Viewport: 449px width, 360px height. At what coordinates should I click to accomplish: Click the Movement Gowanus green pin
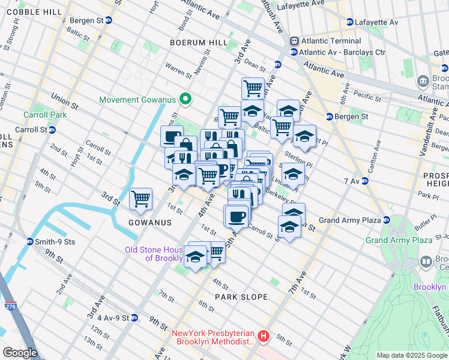point(186,99)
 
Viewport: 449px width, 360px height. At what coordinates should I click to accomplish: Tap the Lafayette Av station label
point(376,22)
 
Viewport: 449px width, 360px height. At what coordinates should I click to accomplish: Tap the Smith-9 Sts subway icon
point(30,242)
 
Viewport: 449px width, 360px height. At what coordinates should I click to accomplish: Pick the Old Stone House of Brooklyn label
point(154,254)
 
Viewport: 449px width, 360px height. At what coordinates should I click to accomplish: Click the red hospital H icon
point(262,337)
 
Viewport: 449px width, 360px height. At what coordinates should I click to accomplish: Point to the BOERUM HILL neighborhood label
point(199,43)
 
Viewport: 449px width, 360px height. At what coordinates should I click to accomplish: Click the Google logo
point(20,353)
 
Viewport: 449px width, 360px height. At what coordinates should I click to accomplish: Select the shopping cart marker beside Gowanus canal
point(140,198)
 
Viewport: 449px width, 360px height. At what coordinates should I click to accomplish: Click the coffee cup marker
point(235,215)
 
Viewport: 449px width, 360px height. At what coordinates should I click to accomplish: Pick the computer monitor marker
point(172,136)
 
